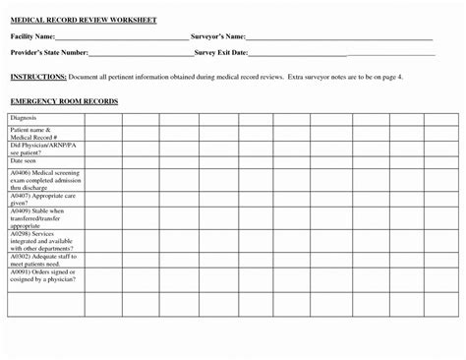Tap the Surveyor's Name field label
(x=217, y=37)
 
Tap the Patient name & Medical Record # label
(x=34, y=132)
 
